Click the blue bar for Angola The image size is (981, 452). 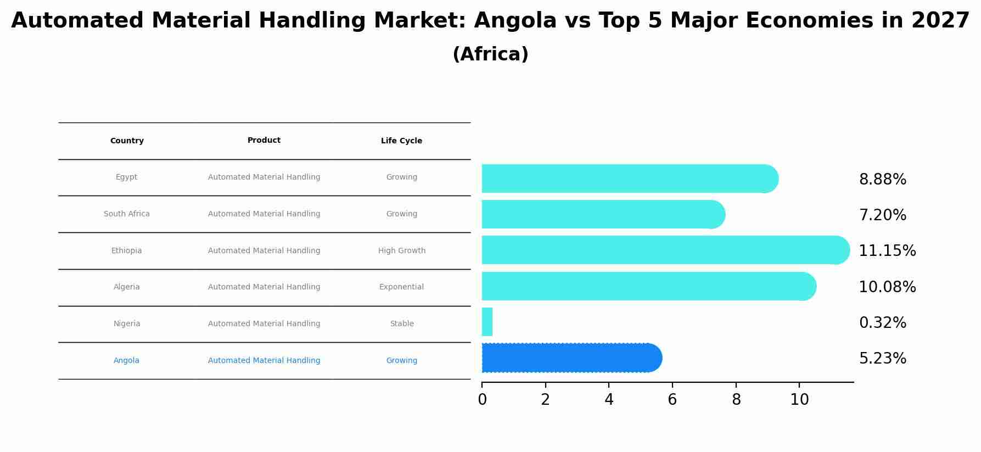[x=571, y=358]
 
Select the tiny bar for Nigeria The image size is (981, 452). [x=487, y=322]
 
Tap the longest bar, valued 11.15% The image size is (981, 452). [x=664, y=250]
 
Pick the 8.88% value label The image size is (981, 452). [x=882, y=180]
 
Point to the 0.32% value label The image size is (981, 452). [x=882, y=323]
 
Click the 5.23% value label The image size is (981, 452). [x=882, y=359]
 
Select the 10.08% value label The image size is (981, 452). [x=887, y=287]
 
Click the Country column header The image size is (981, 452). [x=127, y=141]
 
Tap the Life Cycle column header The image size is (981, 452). [x=401, y=141]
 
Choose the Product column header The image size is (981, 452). [x=264, y=141]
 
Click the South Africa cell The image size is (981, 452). [x=127, y=214]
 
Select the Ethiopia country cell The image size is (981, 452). [x=127, y=251]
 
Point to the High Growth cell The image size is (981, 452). [x=401, y=251]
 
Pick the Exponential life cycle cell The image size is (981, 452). [x=401, y=287]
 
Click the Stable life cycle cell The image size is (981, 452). [x=401, y=324]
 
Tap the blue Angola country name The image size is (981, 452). [x=126, y=361]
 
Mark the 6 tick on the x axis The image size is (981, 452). [x=672, y=400]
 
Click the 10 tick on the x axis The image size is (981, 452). [x=799, y=400]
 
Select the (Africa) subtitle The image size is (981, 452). [x=490, y=54]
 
